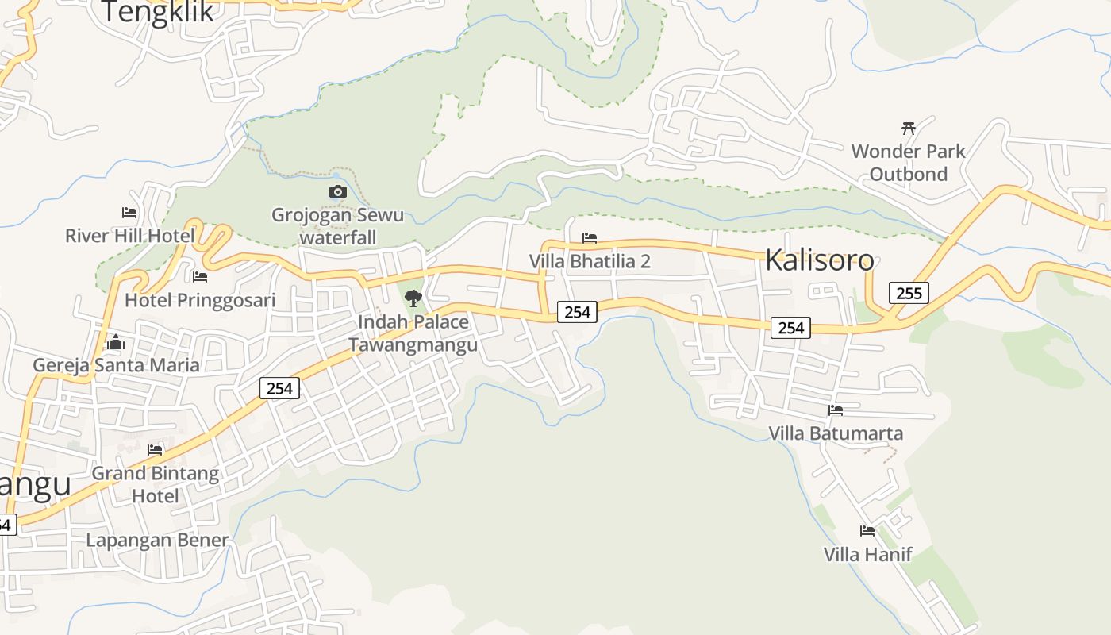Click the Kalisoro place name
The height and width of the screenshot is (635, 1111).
(820, 260)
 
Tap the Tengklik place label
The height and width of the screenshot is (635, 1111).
(158, 11)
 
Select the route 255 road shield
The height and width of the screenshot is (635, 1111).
(909, 293)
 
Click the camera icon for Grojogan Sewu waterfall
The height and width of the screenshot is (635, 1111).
(337, 191)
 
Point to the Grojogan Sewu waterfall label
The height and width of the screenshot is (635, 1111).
(337, 226)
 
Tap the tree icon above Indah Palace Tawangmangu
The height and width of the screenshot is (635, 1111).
(413, 298)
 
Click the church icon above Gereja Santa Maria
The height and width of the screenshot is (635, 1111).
(116, 343)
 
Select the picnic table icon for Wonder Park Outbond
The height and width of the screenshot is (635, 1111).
(909, 128)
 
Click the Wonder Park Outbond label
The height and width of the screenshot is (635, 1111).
(909, 163)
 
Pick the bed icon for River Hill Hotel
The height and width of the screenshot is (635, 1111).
(129, 213)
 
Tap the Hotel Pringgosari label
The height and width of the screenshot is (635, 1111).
(200, 300)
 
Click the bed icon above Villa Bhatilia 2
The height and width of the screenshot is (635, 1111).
(590, 238)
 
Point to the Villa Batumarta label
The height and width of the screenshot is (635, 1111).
(836, 433)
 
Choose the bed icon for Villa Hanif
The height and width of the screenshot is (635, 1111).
(867, 531)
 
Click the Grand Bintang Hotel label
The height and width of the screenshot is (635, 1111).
(156, 484)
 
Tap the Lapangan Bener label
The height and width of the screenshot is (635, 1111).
(157, 541)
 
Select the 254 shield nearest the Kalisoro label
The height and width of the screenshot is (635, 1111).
(790, 327)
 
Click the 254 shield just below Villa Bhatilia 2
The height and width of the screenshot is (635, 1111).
(577, 312)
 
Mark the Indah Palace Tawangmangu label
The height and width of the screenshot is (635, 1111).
(413, 333)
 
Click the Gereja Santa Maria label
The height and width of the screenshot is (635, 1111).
(116, 365)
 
